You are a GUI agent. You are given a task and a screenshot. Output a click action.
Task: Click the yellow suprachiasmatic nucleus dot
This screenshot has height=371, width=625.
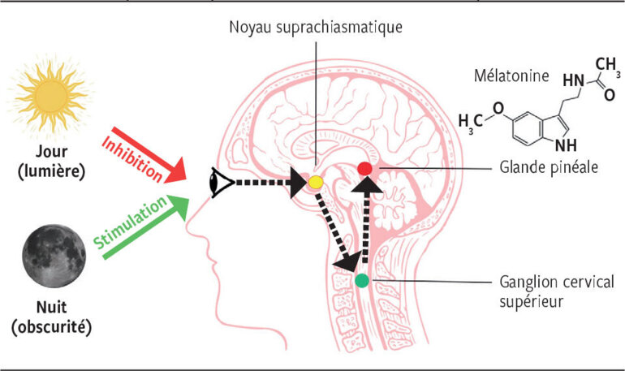(x=316, y=183)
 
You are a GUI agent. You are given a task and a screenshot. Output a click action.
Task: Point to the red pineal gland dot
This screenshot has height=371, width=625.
(x=365, y=168)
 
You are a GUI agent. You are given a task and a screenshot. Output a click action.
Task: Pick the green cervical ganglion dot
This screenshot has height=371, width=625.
(x=362, y=281)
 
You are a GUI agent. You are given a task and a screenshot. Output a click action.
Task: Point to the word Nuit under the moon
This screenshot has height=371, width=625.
(x=54, y=310)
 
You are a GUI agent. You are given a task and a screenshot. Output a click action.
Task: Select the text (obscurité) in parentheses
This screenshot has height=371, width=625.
(x=54, y=329)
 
